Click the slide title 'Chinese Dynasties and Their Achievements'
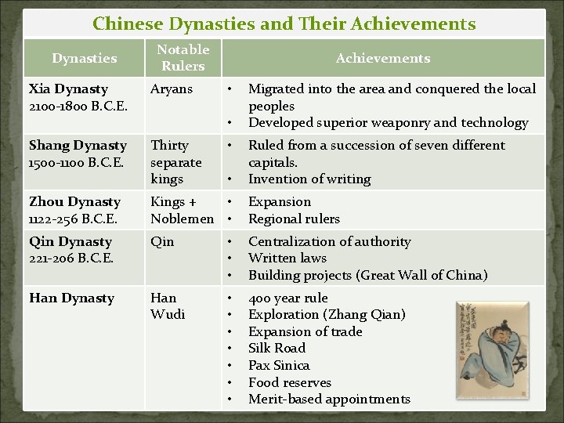pyautogui.click(x=284, y=23)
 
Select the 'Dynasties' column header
pyautogui.click(x=84, y=58)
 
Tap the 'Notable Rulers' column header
pyautogui.click(x=183, y=58)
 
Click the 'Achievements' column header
pyautogui.click(x=382, y=58)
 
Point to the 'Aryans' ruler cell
pyautogui.click(x=172, y=89)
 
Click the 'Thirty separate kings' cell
pyautogui.click(x=176, y=162)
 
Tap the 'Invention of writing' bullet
pyautogui.click(x=309, y=179)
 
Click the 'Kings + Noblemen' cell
pyautogui.click(x=182, y=210)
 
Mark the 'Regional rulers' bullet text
pyautogui.click(x=294, y=219)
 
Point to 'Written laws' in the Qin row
pyautogui.click(x=287, y=258)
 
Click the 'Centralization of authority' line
pyautogui.click(x=329, y=241)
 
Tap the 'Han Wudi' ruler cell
pyautogui.click(x=168, y=306)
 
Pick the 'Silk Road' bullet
pyautogui.click(x=279, y=348)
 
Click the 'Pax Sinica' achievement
pyautogui.click(x=279, y=365)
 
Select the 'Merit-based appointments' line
pyautogui.click(x=329, y=399)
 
